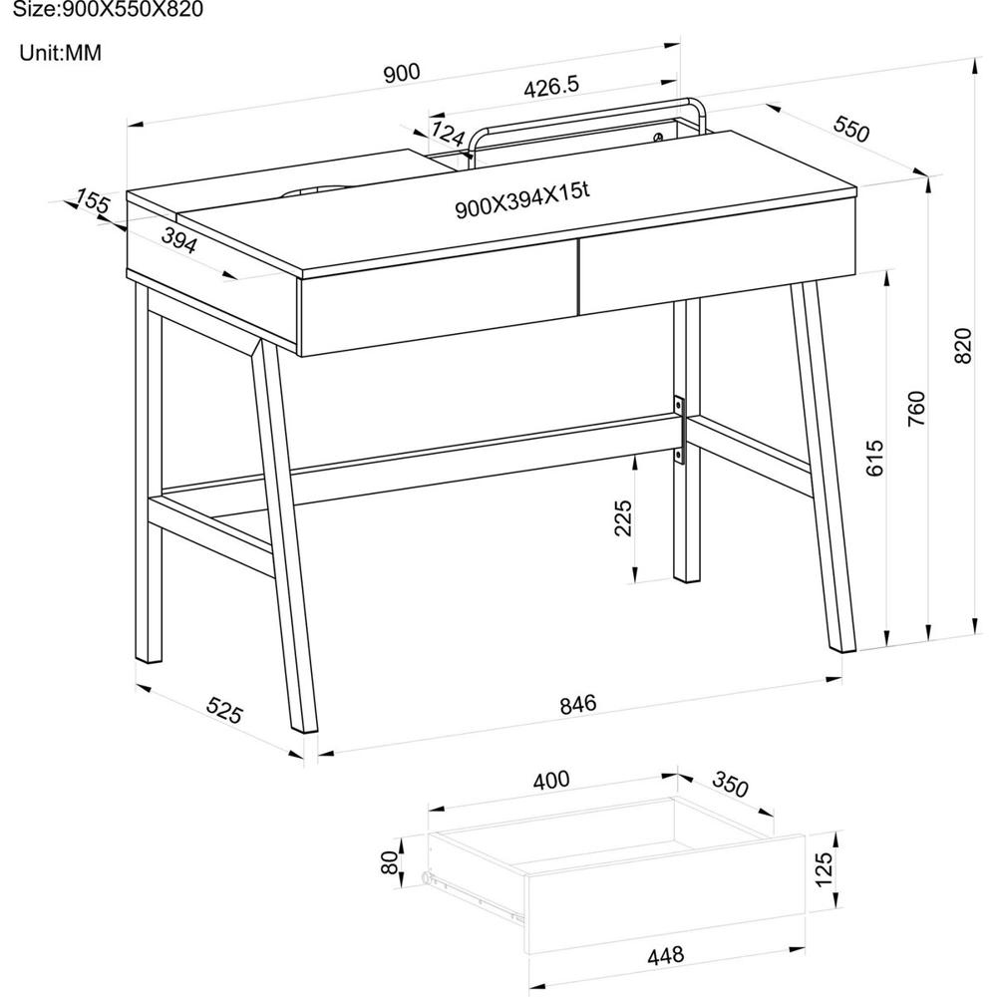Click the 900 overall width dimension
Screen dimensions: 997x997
point(402,73)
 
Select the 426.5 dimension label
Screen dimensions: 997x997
point(551,87)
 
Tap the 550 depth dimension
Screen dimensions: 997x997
point(850,129)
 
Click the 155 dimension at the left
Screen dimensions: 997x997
point(93,201)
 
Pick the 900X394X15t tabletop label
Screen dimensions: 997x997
point(522,200)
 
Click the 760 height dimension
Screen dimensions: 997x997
point(916,408)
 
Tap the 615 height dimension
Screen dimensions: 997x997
point(875,458)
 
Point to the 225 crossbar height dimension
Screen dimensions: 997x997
point(624,517)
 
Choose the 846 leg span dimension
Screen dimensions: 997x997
point(578,704)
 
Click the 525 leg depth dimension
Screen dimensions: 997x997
point(224,710)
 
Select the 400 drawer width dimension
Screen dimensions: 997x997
point(550,780)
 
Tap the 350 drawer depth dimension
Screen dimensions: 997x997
point(730,784)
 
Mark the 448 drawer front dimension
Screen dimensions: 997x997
point(665,955)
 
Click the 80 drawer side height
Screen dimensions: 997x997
point(389,862)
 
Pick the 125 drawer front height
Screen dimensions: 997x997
point(823,869)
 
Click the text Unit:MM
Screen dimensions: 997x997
point(61,53)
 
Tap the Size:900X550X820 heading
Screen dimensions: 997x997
point(108,9)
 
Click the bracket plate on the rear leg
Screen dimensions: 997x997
point(679,429)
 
